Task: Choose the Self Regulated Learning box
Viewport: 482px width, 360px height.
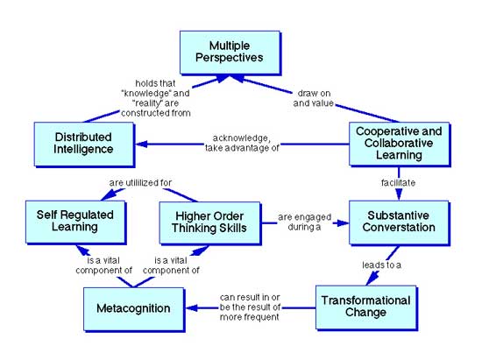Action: [67, 221]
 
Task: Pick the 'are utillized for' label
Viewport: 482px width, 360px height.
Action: [140, 184]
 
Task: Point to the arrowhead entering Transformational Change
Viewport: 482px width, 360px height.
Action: [372, 279]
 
